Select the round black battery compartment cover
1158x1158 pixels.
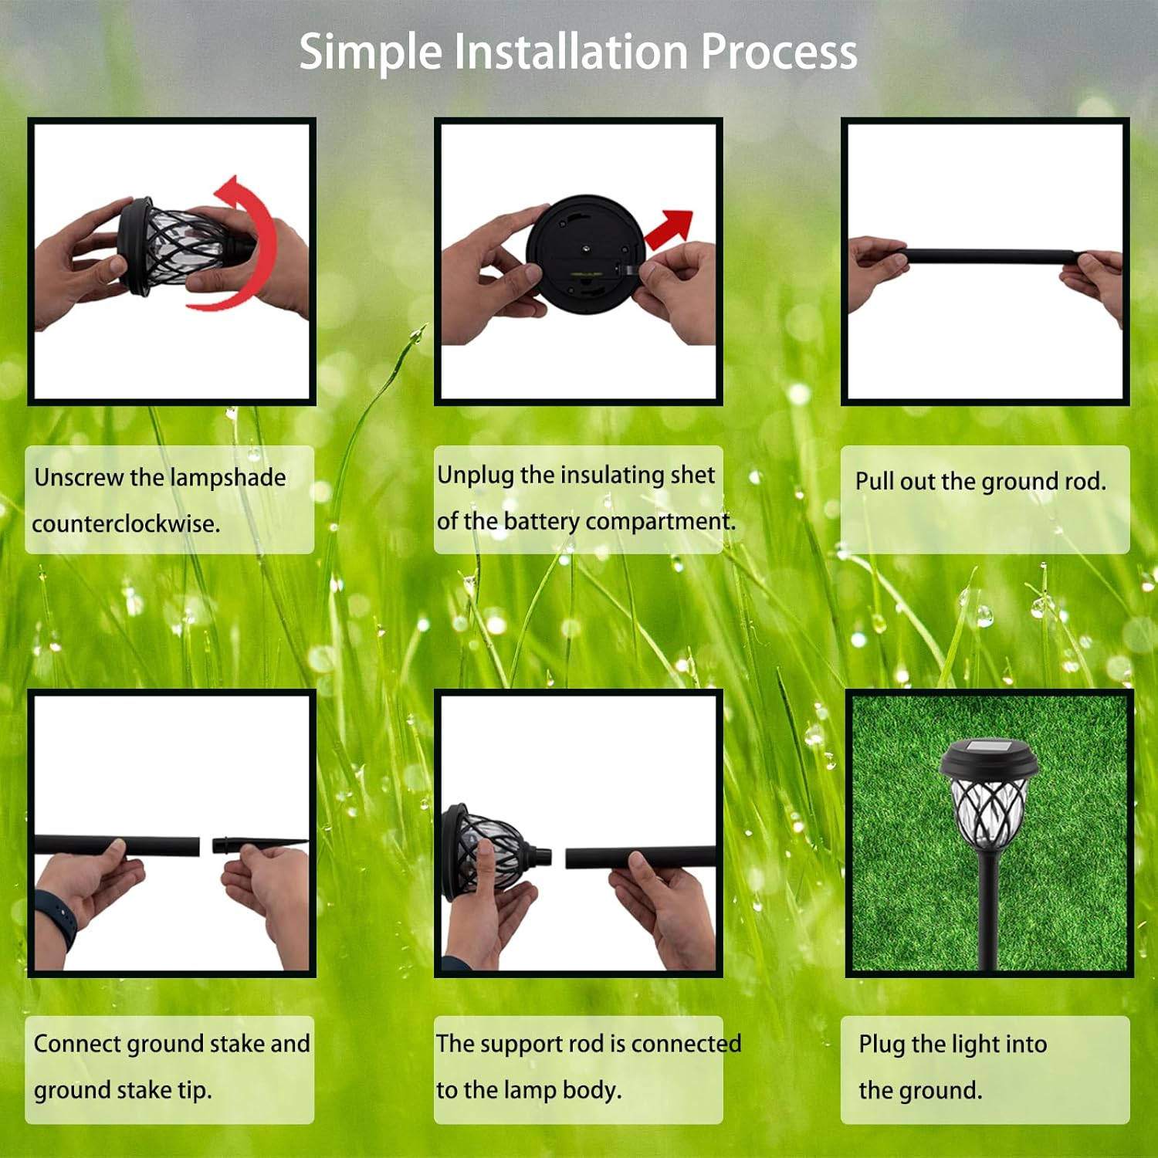click(584, 253)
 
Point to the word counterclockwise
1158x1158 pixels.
click(126, 523)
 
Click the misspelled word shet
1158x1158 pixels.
click(692, 475)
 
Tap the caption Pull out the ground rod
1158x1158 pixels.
click(980, 482)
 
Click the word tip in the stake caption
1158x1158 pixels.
click(195, 1090)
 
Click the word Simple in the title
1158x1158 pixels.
click(371, 52)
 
